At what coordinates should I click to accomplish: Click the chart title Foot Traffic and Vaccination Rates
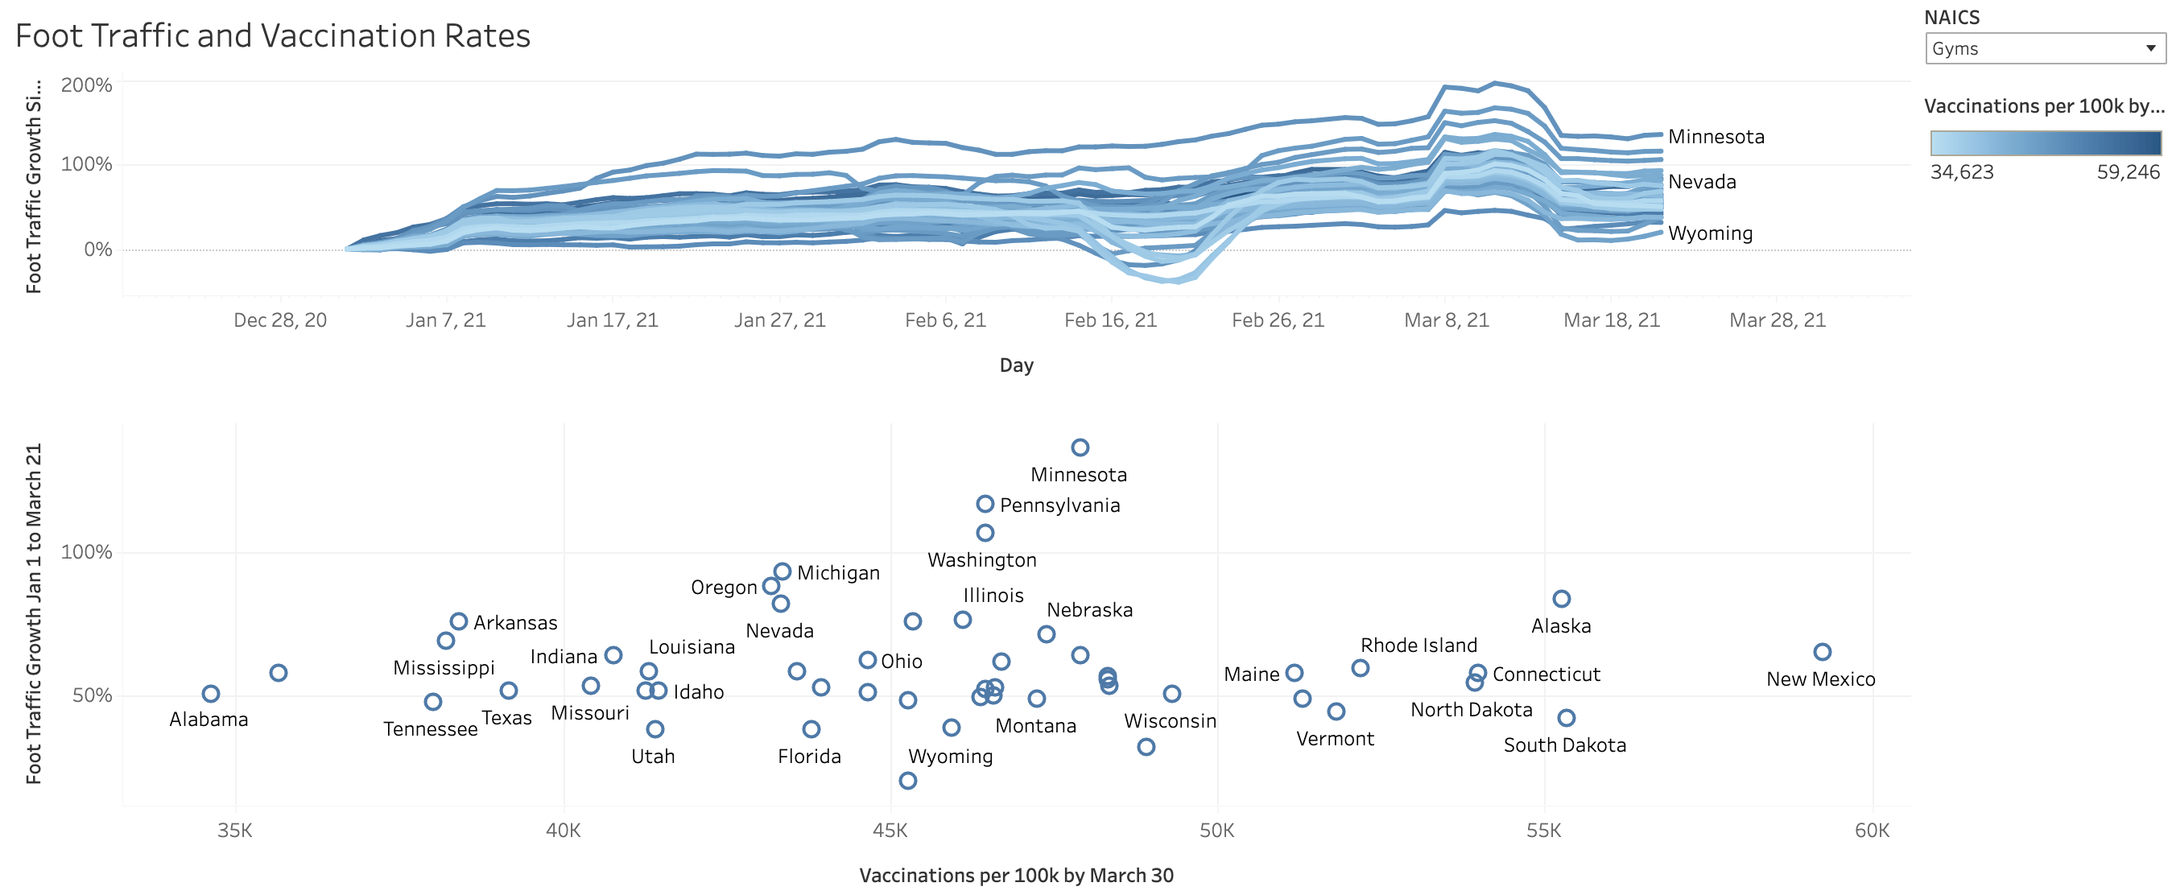pyautogui.click(x=272, y=36)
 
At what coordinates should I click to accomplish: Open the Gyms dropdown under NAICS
pyautogui.click(x=2044, y=49)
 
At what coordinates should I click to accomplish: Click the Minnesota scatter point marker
pyautogui.click(x=1080, y=447)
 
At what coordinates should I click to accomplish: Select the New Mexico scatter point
pyautogui.click(x=1822, y=652)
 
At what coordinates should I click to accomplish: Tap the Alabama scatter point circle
pyautogui.click(x=211, y=694)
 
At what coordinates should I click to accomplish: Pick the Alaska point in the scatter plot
pyautogui.click(x=1562, y=599)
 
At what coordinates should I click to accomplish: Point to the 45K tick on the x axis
pyautogui.click(x=890, y=831)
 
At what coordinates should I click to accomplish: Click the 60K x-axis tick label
pyautogui.click(x=1872, y=831)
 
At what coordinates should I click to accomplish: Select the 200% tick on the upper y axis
pyautogui.click(x=86, y=85)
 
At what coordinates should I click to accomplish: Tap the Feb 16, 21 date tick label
pyautogui.click(x=1110, y=320)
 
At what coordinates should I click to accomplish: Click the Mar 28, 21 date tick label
pyautogui.click(x=1778, y=320)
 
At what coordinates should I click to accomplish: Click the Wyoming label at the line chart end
pyautogui.click(x=1710, y=233)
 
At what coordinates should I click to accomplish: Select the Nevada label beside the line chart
pyautogui.click(x=1702, y=182)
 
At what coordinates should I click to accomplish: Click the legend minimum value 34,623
pyautogui.click(x=1962, y=173)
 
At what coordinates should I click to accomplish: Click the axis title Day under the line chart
pyautogui.click(x=1016, y=365)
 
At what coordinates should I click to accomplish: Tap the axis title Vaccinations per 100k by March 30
pyautogui.click(x=1016, y=876)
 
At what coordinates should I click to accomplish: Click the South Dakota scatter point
pyautogui.click(x=1567, y=718)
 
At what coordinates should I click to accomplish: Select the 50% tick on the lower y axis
pyautogui.click(x=92, y=696)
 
